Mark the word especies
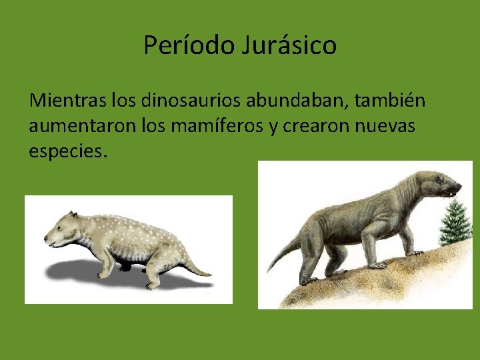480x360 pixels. click(x=67, y=151)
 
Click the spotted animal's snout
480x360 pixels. click(x=48, y=237)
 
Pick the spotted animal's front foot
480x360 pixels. click(x=103, y=275)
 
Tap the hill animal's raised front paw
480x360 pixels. click(x=415, y=253)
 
